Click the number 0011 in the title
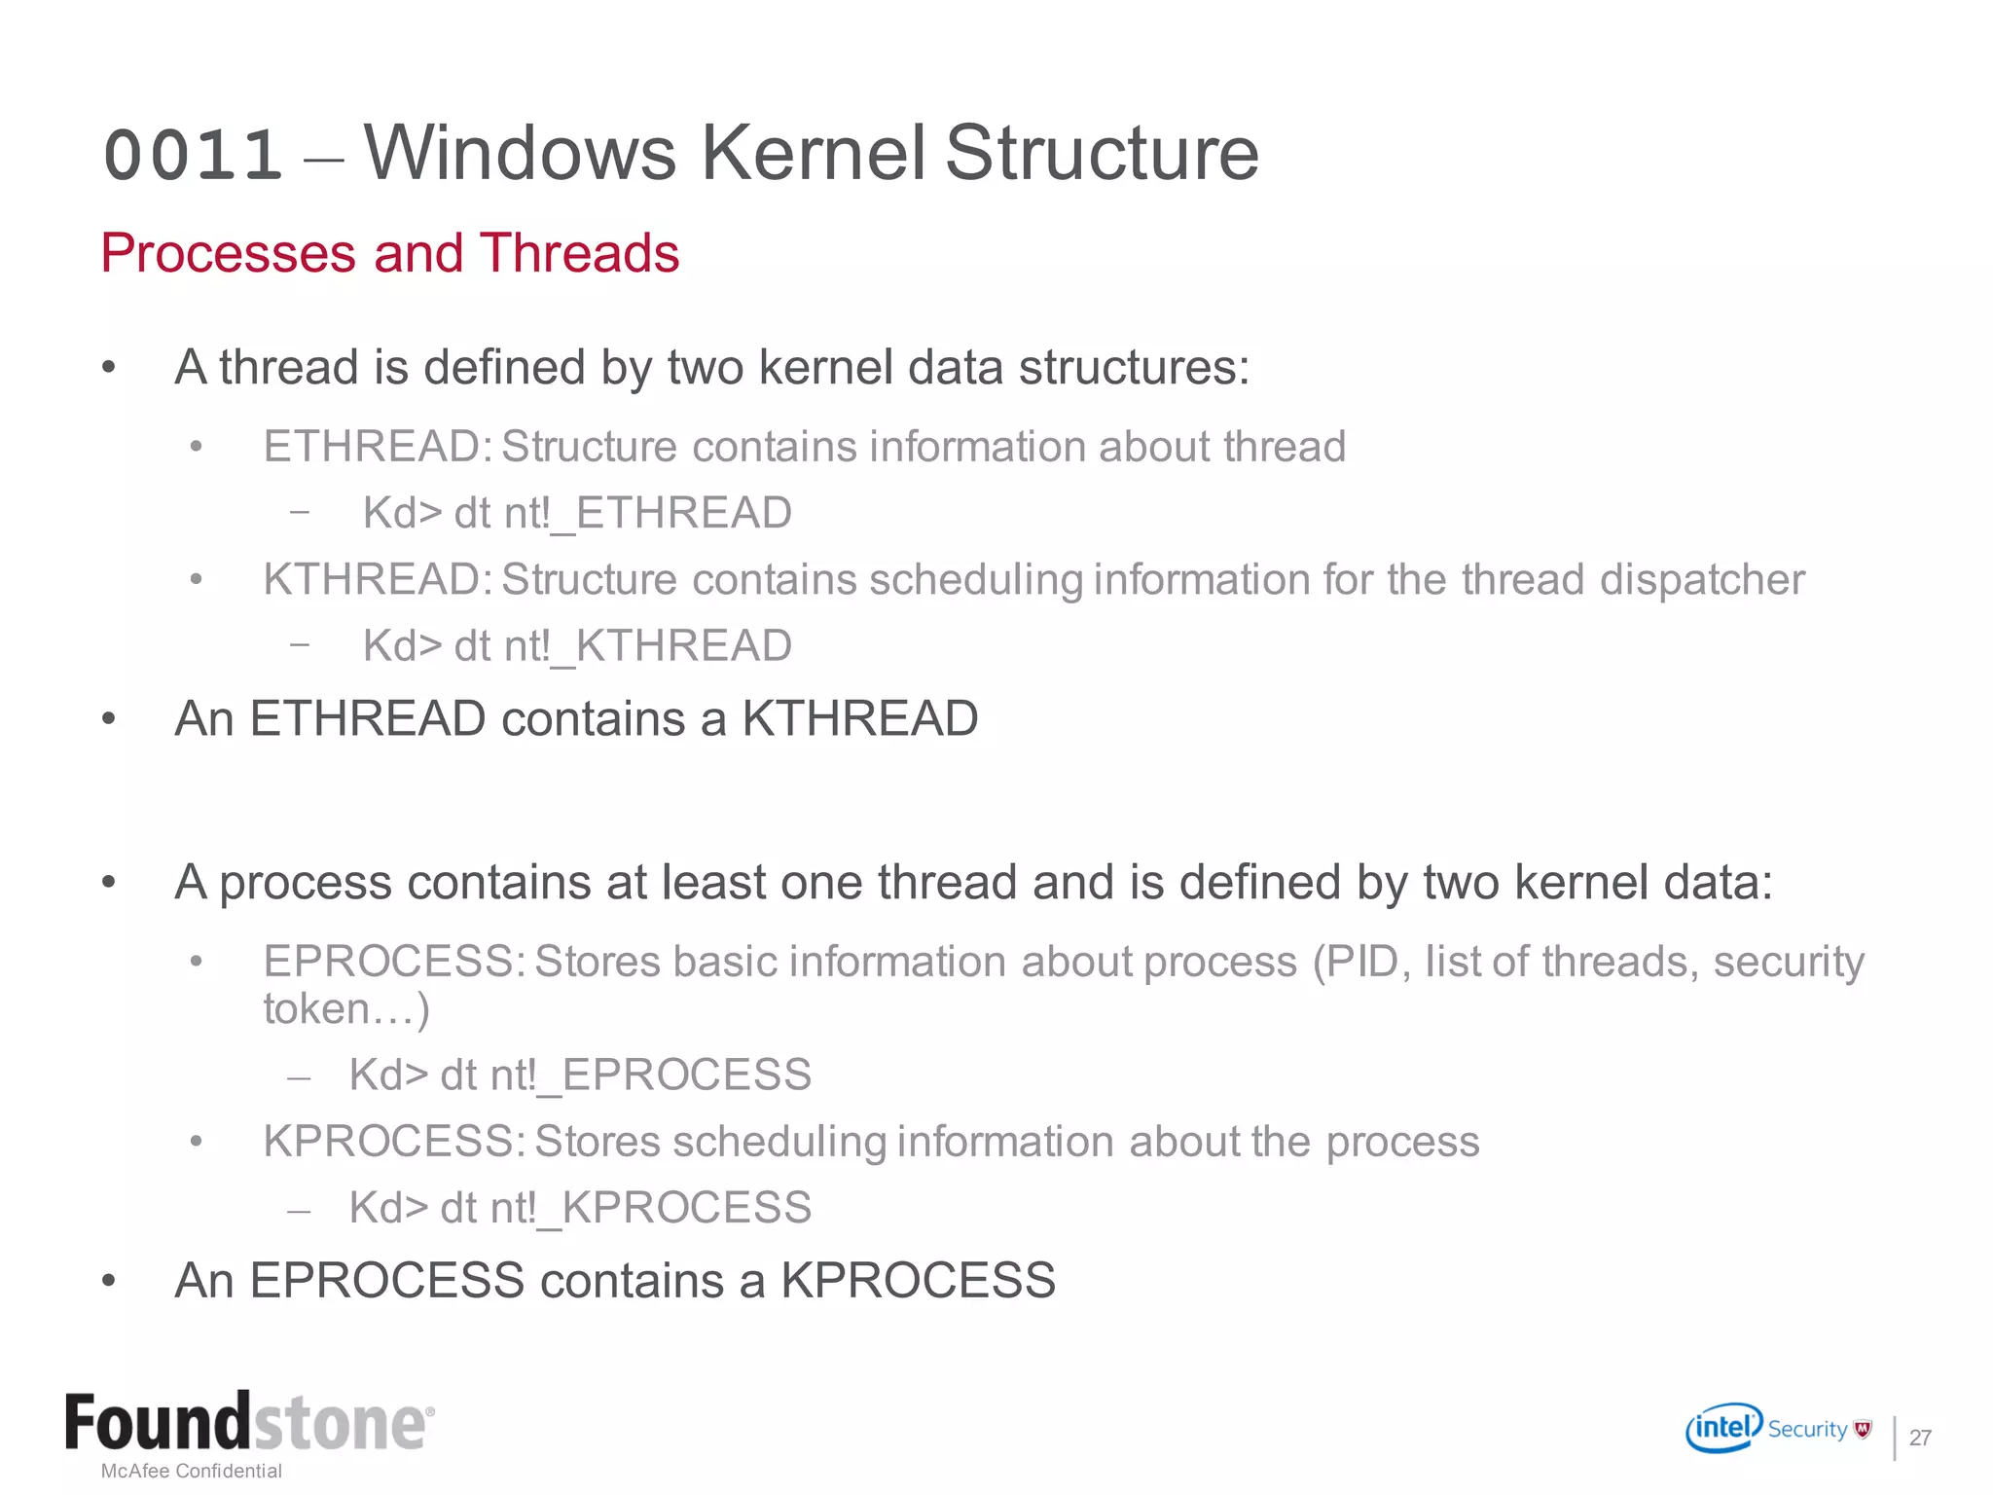tap(193, 156)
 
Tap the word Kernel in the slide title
tap(813, 153)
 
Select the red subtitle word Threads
tap(579, 253)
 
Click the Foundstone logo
tap(249, 1423)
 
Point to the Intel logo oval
tap(1723, 1428)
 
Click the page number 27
tap(1920, 1438)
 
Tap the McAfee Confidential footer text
tap(192, 1471)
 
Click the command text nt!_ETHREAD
tap(648, 513)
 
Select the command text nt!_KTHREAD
tap(648, 645)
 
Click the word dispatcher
tap(1702, 580)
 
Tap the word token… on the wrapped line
tap(345, 1009)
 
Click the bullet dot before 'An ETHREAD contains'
tap(109, 719)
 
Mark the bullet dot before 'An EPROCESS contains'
tap(109, 1281)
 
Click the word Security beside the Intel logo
tap(1807, 1429)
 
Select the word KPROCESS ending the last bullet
tap(918, 1281)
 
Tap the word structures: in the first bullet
tap(1134, 368)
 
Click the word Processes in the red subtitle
tap(229, 253)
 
